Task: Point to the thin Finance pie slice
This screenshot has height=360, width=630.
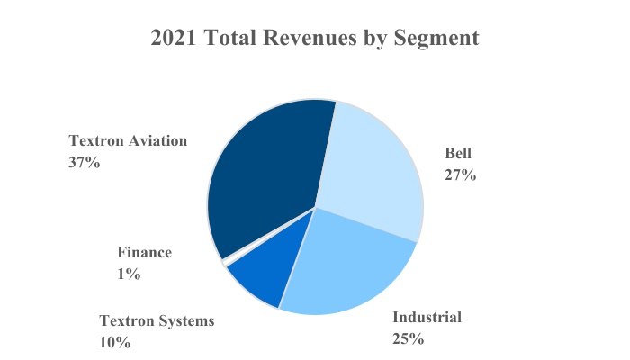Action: point(223,262)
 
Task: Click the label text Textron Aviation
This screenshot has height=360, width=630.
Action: point(129,140)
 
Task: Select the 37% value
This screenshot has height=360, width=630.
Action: point(85,163)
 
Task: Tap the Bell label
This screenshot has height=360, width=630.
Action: point(459,153)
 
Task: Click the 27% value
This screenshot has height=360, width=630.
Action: point(460,175)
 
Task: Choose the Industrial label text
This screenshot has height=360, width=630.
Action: point(427,317)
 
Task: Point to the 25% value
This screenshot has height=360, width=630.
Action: point(408,339)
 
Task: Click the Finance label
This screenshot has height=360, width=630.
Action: point(144,253)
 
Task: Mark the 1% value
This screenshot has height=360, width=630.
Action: point(129,274)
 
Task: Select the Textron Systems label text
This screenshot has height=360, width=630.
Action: point(157,320)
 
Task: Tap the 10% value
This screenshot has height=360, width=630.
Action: point(115,342)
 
